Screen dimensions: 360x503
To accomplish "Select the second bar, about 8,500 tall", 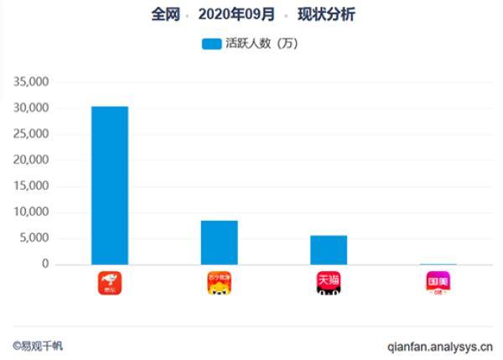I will (x=219, y=243).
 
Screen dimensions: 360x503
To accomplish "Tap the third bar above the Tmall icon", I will (x=329, y=250).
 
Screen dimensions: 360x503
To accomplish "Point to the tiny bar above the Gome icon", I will (x=438, y=263).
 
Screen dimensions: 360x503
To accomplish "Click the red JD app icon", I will (x=110, y=283).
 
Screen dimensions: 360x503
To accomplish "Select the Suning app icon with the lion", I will (x=220, y=283).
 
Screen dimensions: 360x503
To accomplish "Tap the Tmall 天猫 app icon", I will (x=329, y=283).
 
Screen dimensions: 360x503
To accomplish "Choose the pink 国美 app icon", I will (x=438, y=283).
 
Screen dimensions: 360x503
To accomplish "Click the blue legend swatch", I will (x=211, y=44).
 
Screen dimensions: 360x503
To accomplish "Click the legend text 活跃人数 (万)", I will (x=262, y=44).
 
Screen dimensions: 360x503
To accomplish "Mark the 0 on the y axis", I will (x=47, y=264).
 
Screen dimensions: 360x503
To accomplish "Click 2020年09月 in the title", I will (x=236, y=15).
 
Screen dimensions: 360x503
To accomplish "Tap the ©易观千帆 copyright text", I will (x=37, y=345).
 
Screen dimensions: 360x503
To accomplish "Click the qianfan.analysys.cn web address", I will (x=440, y=345).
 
